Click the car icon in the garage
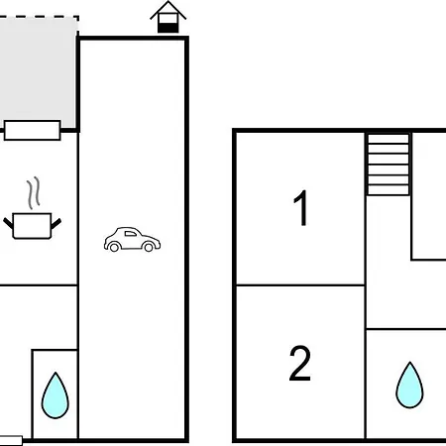pos(132,240)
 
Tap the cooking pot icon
pos(32,226)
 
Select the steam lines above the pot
pos(34,193)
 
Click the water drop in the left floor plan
pos(56,395)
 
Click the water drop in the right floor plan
pos(409,386)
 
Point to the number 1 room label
pos(301,208)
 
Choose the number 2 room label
pos(300,364)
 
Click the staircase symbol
pos(389,165)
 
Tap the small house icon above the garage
pos(168,17)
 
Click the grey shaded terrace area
pos(39,71)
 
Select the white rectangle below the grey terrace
pos(33,131)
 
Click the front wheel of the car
pos(149,247)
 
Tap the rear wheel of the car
pos(114,247)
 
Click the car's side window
pos(131,234)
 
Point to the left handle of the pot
pos(8,223)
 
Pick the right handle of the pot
pos(56,224)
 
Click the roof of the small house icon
pos(168,10)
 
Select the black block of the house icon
pos(168,28)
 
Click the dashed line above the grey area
pos(39,17)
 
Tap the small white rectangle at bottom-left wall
pos(11,440)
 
